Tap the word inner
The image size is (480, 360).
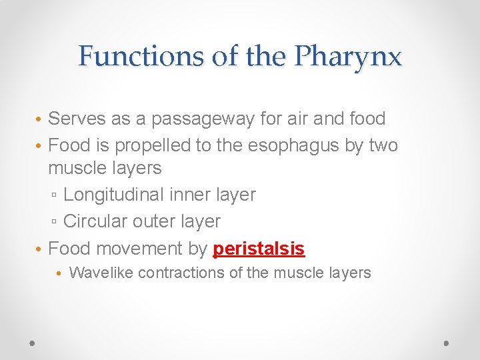click(x=184, y=195)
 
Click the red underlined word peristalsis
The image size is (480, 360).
click(x=259, y=249)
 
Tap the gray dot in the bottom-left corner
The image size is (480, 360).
click(x=33, y=343)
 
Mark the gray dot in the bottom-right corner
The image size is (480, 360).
click(x=447, y=343)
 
